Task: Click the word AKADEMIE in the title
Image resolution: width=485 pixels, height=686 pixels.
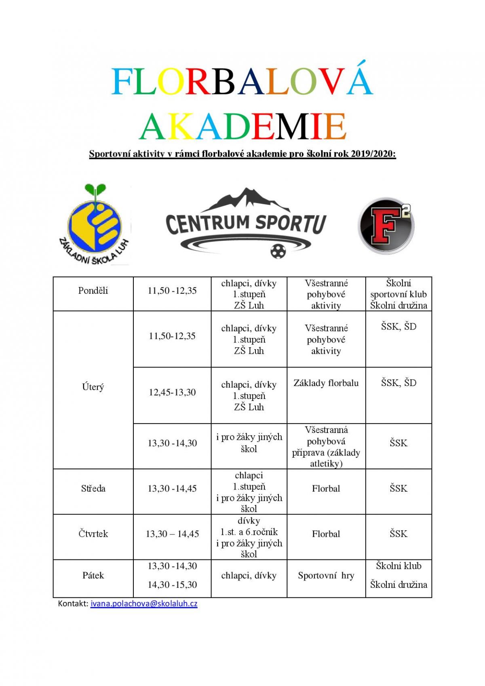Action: coord(242,126)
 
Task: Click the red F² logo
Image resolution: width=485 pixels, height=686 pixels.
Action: coord(386,226)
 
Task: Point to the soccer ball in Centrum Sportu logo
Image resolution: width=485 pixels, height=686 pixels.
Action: coord(278,251)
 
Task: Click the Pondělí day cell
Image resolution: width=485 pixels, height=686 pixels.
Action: coord(93,291)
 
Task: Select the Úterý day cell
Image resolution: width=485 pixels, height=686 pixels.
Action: coord(93,387)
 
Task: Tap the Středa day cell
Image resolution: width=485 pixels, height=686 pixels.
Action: coord(93,488)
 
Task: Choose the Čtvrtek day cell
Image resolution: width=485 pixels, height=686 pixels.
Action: coord(93,534)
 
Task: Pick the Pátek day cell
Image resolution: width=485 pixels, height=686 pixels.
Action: coord(93,575)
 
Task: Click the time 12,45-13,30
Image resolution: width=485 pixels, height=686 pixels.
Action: coord(172,392)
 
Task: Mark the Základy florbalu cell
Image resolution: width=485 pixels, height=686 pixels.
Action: coord(326,383)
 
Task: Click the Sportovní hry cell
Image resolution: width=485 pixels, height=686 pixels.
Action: coord(326,576)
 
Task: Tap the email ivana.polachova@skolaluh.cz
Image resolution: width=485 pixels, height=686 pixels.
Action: coord(144,604)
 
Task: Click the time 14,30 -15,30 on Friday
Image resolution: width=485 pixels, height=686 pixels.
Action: coord(172,585)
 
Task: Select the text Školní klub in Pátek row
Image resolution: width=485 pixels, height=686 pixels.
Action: coord(399,566)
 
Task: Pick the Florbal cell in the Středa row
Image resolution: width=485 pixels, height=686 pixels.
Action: coord(326,488)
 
